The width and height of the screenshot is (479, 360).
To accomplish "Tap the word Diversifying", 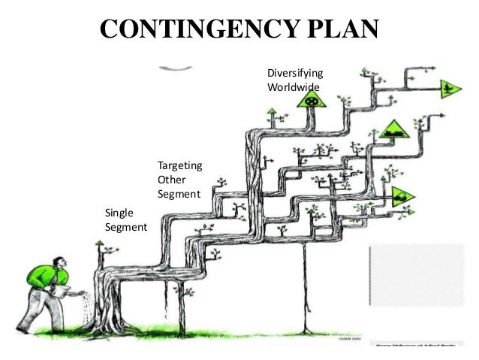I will point(295,74).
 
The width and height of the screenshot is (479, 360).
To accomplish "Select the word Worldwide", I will point(293,87).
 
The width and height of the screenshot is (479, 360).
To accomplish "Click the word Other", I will point(170,180).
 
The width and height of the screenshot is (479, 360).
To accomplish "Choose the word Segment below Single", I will point(125,227).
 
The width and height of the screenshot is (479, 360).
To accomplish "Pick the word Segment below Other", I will point(179,194).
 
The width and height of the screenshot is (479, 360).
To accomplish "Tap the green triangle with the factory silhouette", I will point(391,132).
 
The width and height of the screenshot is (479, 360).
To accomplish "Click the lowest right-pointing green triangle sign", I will point(402,197).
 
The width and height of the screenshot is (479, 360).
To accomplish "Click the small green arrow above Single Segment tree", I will point(98,245).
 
